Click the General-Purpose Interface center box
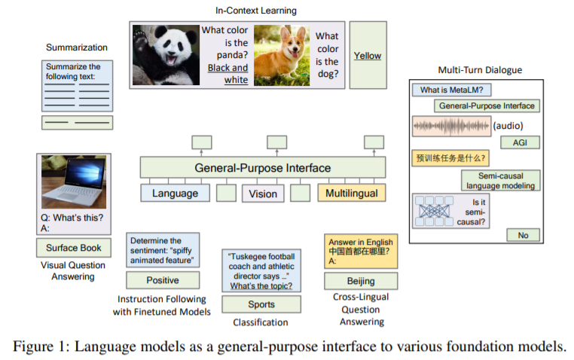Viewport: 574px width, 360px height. click(262, 167)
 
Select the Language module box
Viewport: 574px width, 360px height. click(175, 194)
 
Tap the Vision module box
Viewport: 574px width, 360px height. click(263, 194)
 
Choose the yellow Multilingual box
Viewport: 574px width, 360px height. click(352, 194)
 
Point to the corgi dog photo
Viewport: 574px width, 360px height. click(282, 54)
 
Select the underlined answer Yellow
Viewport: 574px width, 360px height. click(368, 56)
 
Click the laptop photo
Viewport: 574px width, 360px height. click(73, 183)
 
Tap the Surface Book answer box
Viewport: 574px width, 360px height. click(73, 247)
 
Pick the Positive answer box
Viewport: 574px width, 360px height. click(163, 280)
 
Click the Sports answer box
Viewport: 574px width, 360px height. click(261, 304)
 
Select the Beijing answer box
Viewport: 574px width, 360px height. click(361, 280)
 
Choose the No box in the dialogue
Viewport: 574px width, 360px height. click(523, 235)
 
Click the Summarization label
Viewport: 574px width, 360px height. click(77, 47)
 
